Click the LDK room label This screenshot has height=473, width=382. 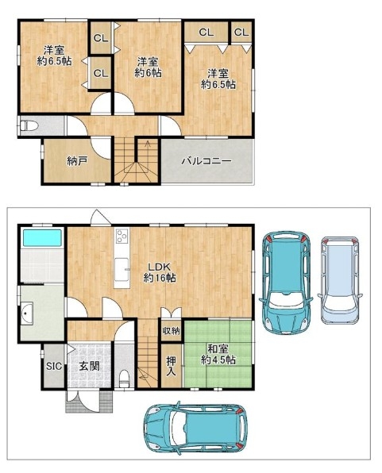coord(160,272)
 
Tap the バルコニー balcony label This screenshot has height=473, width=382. coord(206,161)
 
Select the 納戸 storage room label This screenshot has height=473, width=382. coord(77,161)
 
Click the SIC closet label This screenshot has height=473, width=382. coord(54,366)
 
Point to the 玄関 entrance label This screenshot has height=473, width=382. coord(90,366)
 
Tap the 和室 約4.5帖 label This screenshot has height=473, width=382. coord(218,354)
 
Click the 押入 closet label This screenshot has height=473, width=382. coord(172,366)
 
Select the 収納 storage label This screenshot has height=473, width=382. coord(172,331)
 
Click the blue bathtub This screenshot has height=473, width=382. coord(42,238)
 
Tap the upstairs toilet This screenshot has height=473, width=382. coord(29,126)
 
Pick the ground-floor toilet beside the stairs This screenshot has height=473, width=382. coord(124,379)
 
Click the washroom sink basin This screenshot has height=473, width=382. coord(27,313)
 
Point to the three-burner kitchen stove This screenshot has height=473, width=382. coord(122,236)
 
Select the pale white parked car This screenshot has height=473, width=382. coord(340,280)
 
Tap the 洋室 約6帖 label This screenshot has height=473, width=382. coord(148,67)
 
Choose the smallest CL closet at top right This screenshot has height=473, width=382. coord(241,32)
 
